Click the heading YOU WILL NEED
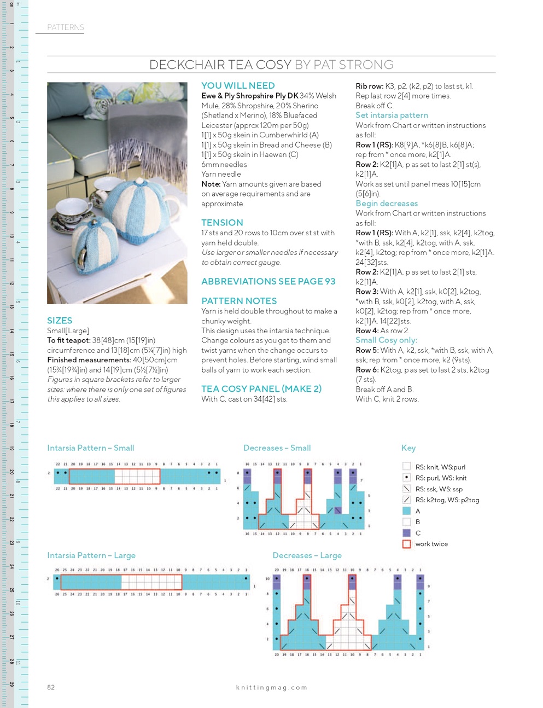click(238, 85)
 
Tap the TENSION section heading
click(222, 223)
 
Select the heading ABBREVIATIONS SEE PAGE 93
click(268, 281)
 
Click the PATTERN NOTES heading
click(239, 301)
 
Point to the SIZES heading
click(60, 321)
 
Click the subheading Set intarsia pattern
click(392, 115)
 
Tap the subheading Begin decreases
click(387, 204)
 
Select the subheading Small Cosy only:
click(386, 340)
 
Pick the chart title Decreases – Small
click(277, 448)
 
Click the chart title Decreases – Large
click(307, 555)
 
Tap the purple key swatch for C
click(406, 533)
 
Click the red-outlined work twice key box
click(406, 544)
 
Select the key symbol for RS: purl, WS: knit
click(406, 478)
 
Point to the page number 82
click(51, 688)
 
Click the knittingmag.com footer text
click(271, 688)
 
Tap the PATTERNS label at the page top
click(66, 27)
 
